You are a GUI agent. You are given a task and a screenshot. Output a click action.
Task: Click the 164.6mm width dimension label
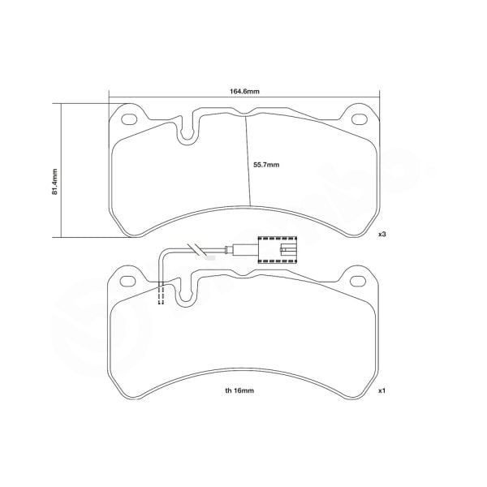(243, 92)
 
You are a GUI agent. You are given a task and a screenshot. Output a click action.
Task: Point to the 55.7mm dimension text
(265, 165)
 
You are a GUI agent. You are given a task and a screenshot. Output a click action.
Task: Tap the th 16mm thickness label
(241, 390)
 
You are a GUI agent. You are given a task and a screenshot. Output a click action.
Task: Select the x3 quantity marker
(381, 234)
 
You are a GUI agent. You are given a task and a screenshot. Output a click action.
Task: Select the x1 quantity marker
(381, 390)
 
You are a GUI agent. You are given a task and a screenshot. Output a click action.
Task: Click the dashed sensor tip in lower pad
(161, 295)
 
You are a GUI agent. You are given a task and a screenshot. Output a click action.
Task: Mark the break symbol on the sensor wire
(195, 249)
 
